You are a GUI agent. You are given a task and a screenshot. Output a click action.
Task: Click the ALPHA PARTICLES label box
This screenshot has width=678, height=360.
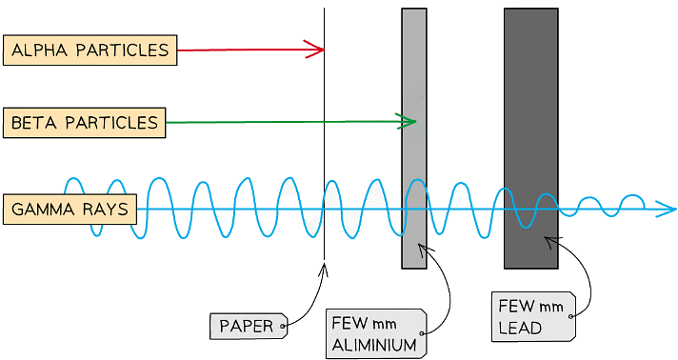(x=90, y=50)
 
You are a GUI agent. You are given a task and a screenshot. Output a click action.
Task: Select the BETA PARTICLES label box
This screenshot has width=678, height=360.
(x=84, y=123)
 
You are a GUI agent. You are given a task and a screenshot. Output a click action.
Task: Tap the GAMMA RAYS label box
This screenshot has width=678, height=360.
(x=70, y=210)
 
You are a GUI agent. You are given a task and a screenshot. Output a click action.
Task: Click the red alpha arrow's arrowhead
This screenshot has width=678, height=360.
(x=316, y=50)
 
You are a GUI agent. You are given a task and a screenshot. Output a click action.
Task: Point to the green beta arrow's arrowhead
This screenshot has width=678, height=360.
(x=409, y=121)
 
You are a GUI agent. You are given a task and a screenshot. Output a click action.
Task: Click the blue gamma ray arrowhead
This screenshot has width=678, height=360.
(x=668, y=210)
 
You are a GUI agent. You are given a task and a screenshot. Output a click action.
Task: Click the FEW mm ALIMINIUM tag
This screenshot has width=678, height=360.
(x=375, y=333)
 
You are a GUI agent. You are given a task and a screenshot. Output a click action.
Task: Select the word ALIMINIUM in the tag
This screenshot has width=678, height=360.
(x=374, y=345)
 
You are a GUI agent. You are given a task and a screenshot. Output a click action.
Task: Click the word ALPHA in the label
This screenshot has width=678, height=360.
(x=39, y=50)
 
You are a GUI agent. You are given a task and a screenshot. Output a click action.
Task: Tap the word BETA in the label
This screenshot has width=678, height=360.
(x=31, y=123)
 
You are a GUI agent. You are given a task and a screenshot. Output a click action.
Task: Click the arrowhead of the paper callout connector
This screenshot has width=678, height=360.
(x=324, y=269)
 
